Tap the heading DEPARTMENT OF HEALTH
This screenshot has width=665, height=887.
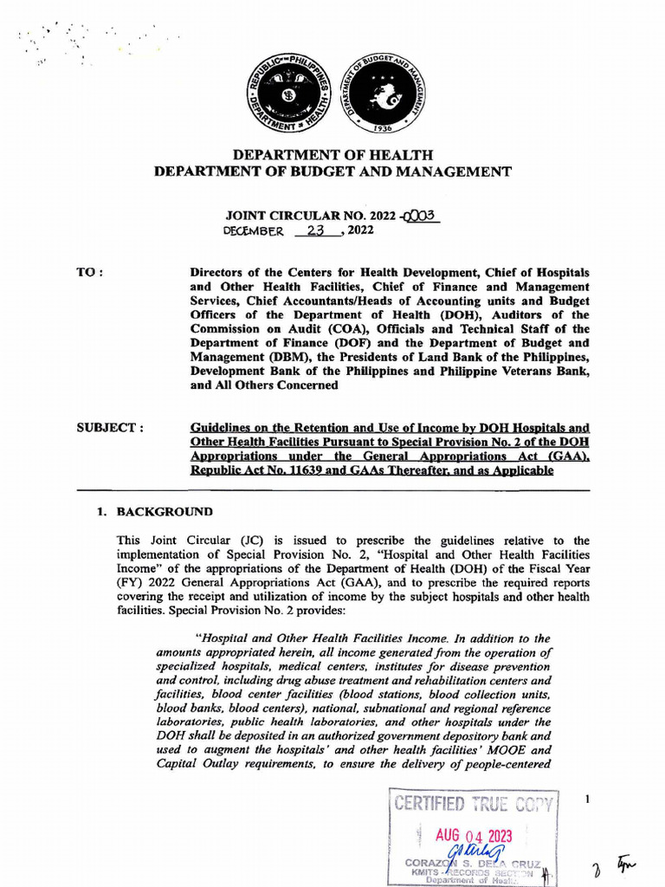point(332,155)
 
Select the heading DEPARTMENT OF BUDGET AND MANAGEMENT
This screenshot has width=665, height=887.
point(332,172)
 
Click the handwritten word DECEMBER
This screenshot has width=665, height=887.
point(253,231)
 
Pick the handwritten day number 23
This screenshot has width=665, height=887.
point(314,230)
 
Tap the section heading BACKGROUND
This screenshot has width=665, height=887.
point(158,512)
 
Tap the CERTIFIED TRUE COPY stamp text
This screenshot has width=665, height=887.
point(475,803)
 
